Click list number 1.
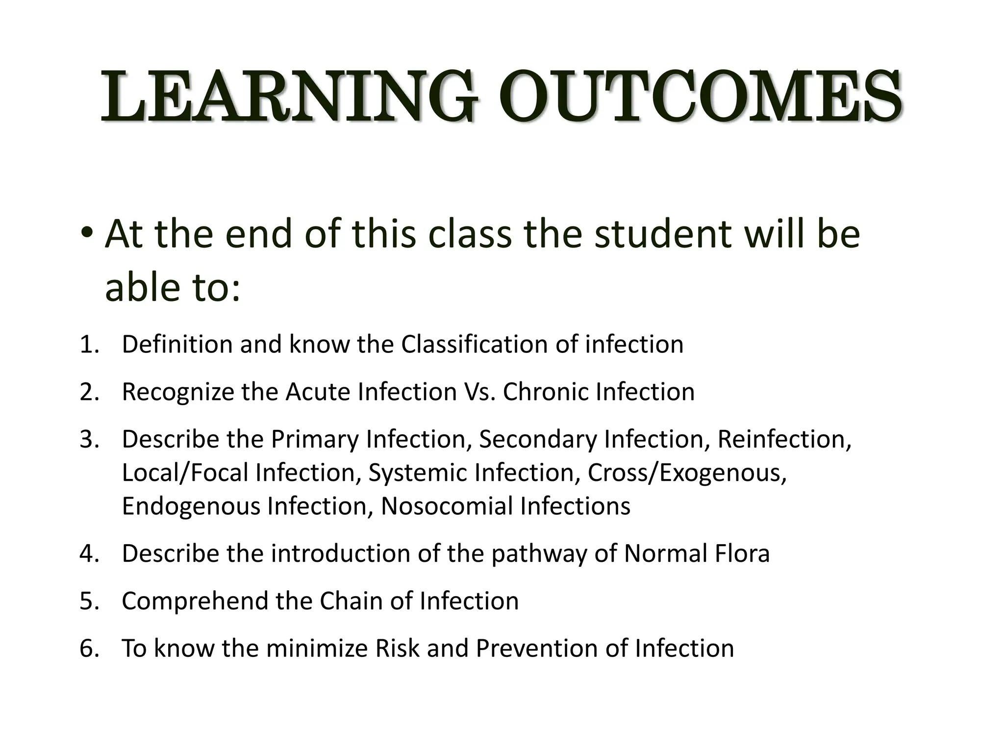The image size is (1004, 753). pos(89,344)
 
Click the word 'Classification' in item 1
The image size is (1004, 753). pos(474,344)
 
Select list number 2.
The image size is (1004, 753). pos(89,392)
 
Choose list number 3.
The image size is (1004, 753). pos(89,439)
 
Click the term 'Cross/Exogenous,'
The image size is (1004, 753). pos(687,473)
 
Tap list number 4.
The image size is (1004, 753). pos(89,553)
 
